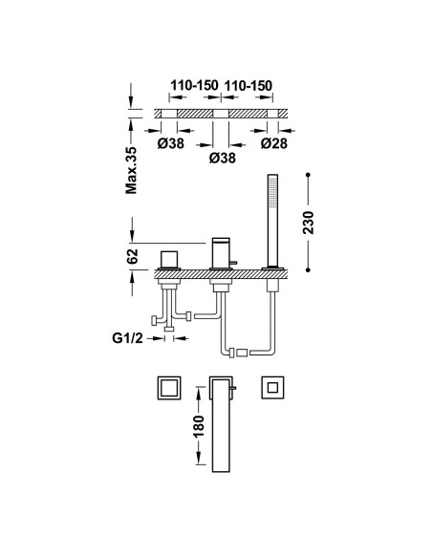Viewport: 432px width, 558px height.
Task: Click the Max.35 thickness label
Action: (131, 170)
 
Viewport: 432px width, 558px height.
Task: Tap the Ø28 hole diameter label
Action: (273, 143)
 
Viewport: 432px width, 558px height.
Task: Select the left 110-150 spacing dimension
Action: (194, 86)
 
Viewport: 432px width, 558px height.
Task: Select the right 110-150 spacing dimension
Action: (248, 86)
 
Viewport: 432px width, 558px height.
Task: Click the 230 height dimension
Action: (308, 223)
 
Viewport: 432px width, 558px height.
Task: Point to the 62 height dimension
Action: (133, 256)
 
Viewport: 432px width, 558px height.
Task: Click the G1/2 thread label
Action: (127, 338)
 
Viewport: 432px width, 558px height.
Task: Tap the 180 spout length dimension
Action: (200, 426)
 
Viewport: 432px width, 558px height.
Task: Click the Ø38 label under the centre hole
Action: (223, 158)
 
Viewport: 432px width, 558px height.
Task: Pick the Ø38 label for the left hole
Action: (171, 143)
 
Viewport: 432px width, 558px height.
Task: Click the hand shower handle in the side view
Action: (272, 220)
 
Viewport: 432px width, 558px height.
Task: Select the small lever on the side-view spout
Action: (232, 263)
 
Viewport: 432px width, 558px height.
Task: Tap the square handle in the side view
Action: (168, 259)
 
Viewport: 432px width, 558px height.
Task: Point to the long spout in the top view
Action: (221, 424)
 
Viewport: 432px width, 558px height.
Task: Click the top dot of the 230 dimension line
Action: (308, 175)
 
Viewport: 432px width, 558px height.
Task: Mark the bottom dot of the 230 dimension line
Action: (308, 270)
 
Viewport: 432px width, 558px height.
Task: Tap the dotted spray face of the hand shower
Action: (272, 191)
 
